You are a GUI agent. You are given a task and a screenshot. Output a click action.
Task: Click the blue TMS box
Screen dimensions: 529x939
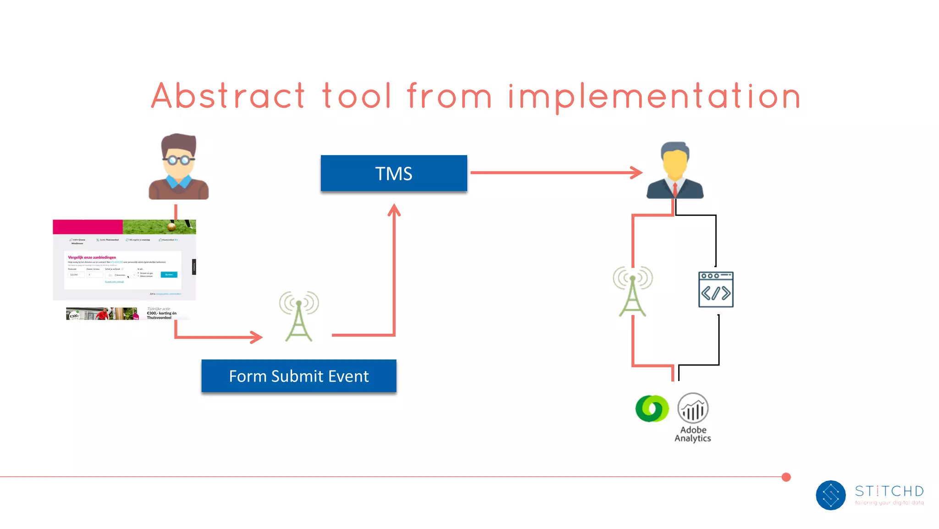click(x=393, y=173)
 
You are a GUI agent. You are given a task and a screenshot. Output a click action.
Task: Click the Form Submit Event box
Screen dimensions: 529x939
click(x=298, y=376)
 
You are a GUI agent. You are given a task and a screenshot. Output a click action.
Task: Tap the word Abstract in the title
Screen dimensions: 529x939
click(x=228, y=96)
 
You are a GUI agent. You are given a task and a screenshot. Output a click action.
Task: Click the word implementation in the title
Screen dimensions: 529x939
click(x=654, y=97)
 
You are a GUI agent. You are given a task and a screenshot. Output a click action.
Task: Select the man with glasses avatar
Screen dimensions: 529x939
click(x=178, y=167)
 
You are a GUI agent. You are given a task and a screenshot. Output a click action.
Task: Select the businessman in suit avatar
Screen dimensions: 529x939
click(x=674, y=170)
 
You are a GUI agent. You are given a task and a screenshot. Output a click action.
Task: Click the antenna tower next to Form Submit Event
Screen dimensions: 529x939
click(x=299, y=316)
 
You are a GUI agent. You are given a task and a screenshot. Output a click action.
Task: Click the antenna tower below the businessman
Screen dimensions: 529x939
click(x=633, y=291)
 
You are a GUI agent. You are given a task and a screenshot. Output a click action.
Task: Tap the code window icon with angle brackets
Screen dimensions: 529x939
click(x=716, y=289)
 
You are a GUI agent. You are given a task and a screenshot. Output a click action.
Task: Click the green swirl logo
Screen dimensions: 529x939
click(x=652, y=409)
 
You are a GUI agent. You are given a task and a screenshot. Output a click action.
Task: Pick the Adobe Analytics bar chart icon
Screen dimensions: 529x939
click(x=693, y=408)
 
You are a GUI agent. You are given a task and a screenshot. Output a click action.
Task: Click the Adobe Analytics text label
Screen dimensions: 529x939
click(x=693, y=434)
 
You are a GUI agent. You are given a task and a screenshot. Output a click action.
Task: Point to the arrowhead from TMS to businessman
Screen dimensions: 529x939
click(x=637, y=173)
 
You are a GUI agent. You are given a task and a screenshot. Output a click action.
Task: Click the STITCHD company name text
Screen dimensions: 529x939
click(x=889, y=491)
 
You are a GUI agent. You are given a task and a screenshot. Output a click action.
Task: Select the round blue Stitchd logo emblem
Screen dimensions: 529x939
click(x=830, y=495)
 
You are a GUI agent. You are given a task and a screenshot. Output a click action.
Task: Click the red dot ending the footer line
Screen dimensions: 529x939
click(x=786, y=477)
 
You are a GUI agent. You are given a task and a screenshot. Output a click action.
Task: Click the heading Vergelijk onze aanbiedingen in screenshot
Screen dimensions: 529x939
click(x=92, y=257)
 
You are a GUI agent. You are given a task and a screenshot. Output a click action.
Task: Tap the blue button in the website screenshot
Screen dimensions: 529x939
click(x=169, y=274)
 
